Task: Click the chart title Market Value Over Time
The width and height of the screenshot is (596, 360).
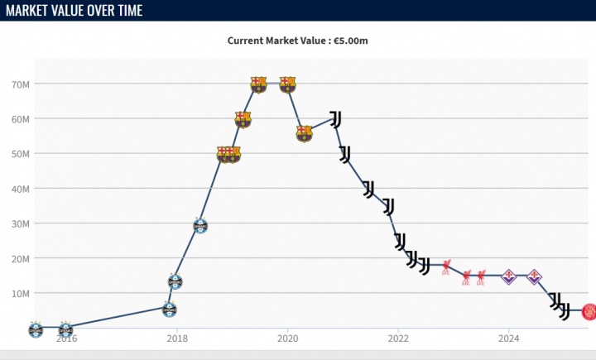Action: tap(74, 10)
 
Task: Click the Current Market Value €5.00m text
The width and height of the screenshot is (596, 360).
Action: tap(298, 40)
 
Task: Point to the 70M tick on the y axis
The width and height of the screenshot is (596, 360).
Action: tap(21, 84)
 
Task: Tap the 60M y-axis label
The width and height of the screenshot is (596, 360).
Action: tap(21, 119)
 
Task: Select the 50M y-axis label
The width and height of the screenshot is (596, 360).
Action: tap(21, 154)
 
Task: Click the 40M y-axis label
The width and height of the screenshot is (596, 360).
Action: tap(21, 189)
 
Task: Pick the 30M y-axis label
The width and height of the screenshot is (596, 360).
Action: tap(21, 223)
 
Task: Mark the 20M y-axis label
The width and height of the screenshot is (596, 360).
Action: tap(21, 258)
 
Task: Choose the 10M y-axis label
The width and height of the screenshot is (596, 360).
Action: tap(21, 293)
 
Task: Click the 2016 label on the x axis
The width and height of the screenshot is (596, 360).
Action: tap(67, 338)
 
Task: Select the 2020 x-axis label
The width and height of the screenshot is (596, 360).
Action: tap(287, 338)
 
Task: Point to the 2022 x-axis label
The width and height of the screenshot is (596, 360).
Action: tap(398, 338)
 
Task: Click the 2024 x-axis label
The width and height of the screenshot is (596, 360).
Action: tap(509, 338)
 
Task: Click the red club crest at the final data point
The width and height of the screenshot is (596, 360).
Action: tap(589, 311)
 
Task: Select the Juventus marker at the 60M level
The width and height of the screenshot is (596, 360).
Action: tap(335, 119)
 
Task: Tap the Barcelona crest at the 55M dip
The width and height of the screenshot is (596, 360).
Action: tap(304, 133)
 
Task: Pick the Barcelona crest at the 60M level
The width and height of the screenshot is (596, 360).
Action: tap(243, 119)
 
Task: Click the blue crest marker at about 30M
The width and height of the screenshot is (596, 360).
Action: tap(199, 225)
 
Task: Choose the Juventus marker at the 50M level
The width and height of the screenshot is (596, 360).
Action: tap(344, 154)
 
